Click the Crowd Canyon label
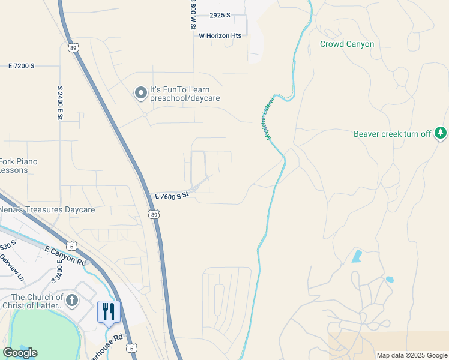click(x=346, y=44)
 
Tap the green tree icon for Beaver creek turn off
click(x=441, y=133)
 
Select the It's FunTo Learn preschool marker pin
click(x=140, y=93)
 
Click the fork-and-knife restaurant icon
click(x=109, y=311)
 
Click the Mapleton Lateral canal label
click(x=268, y=118)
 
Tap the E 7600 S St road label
click(x=172, y=196)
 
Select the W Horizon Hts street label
click(x=220, y=36)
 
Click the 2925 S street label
click(x=220, y=16)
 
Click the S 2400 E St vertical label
click(x=60, y=103)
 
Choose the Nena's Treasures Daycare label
click(x=47, y=210)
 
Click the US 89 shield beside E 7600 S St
click(x=155, y=214)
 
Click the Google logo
click(x=20, y=353)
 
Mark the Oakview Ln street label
click(x=11, y=269)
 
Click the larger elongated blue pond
click(x=358, y=256)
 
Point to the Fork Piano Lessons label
click(x=19, y=166)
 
